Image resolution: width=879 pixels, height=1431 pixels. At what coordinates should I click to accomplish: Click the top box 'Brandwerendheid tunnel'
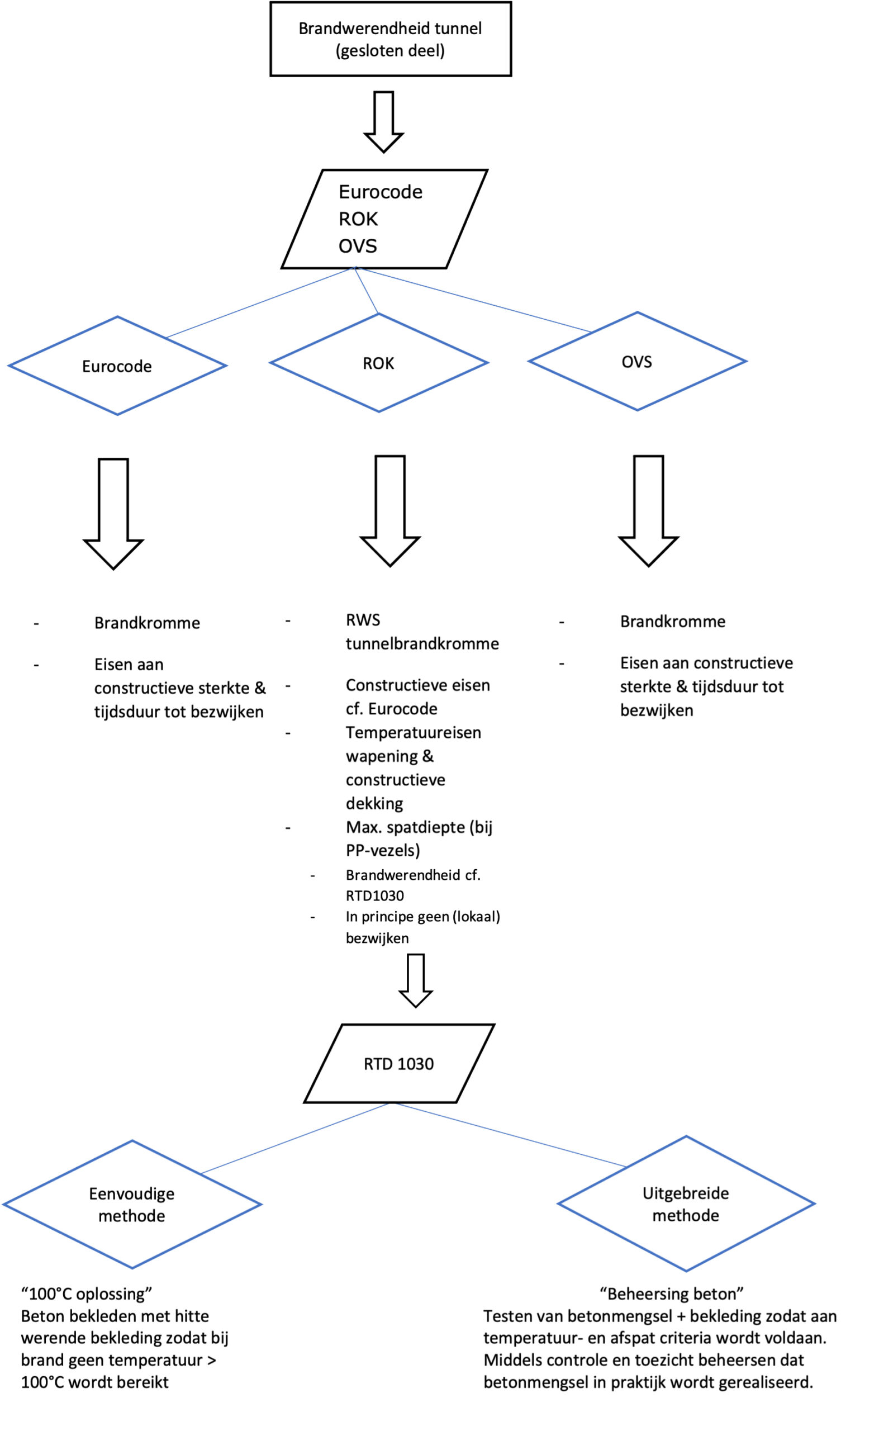point(390,39)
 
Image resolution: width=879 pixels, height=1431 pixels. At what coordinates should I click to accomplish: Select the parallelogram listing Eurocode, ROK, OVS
point(384,219)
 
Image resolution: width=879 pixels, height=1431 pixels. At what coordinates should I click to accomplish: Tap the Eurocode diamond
point(117,366)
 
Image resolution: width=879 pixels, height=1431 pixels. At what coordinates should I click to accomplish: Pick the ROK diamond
point(378,363)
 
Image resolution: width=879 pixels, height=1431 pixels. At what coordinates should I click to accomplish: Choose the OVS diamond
point(637,362)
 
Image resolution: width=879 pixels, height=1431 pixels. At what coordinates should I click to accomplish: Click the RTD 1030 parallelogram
point(399,1064)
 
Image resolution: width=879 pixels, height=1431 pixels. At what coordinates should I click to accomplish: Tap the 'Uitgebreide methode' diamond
point(686,1203)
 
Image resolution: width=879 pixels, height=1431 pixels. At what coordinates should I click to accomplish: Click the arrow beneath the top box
point(384,121)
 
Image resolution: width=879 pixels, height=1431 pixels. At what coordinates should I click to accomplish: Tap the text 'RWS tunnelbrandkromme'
point(421,632)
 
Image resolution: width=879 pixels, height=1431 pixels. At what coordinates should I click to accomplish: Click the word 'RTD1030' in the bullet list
point(374,895)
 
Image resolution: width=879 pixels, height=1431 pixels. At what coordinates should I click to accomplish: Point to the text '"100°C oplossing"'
point(87,1294)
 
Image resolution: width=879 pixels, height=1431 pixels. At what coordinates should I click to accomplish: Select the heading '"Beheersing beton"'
point(672,1294)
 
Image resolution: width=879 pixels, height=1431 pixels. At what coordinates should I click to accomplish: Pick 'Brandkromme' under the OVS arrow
point(673,622)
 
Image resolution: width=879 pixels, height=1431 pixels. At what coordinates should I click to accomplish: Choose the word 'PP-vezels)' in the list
point(383,850)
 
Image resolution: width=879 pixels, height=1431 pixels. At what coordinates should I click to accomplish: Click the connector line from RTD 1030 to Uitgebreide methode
point(512,1134)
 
